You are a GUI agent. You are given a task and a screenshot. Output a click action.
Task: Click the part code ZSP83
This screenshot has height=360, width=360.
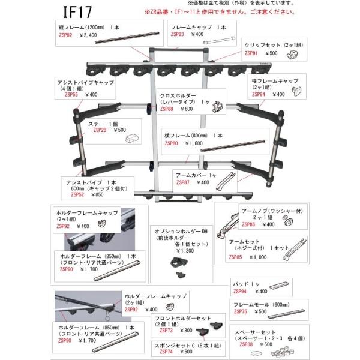click(178, 35)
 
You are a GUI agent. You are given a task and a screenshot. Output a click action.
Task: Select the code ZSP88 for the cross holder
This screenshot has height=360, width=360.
click(168, 109)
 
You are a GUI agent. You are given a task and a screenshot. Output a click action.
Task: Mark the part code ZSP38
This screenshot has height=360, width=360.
click(246, 344)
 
